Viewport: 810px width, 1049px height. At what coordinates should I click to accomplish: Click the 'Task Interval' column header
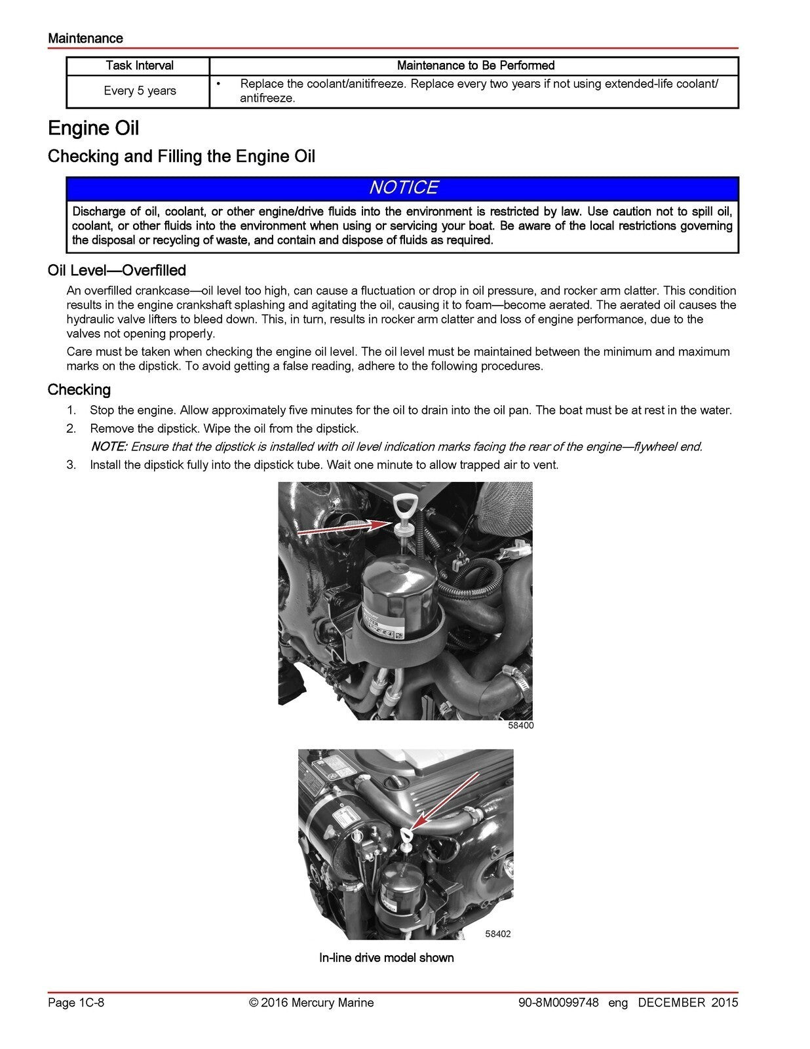pyautogui.click(x=139, y=66)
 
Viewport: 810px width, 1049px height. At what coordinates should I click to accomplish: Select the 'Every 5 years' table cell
pyautogui.click(x=140, y=91)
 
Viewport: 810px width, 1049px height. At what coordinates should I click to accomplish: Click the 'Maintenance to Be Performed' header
pyautogui.click(x=475, y=66)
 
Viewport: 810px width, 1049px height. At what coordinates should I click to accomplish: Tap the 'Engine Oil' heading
pyautogui.click(x=93, y=128)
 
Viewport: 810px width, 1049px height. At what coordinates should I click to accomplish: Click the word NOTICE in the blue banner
pyautogui.click(x=403, y=188)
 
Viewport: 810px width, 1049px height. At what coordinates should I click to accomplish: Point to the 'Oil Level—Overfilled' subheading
pyautogui.click(x=117, y=271)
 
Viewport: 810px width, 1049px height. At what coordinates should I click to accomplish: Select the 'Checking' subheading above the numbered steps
pyautogui.click(x=79, y=390)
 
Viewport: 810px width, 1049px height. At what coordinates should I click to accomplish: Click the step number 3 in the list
pyautogui.click(x=71, y=465)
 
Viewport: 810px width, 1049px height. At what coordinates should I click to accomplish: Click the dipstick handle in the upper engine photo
pyautogui.click(x=402, y=509)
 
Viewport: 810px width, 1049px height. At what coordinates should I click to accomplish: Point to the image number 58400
pyautogui.click(x=520, y=726)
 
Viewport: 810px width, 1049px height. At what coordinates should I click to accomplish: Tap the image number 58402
pyautogui.click(x=497, y=934)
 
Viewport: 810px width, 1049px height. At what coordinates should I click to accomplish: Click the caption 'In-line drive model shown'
pyautogui.click(x=386, y=958)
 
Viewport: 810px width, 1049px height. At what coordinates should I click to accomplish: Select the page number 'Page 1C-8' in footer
pyautogui.click(x=76, y=1002)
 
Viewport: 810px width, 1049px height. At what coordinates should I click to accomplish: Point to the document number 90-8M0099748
pyautogui.click(x=558, y=1002)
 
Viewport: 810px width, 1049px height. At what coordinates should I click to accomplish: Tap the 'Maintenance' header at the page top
pyautogui.click(x=85, y=39)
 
